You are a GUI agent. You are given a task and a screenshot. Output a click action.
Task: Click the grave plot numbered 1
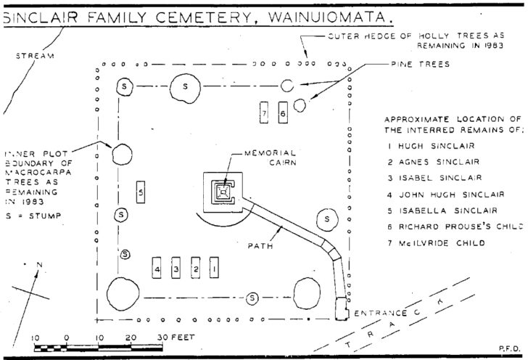[213, 269]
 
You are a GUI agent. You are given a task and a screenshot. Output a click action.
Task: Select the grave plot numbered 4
[157, 269]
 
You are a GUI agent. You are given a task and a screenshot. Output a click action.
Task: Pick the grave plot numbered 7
[265, 114]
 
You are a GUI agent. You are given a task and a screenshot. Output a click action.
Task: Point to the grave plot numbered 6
[283, 114]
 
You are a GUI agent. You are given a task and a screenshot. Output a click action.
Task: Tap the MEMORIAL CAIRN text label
[270, 158]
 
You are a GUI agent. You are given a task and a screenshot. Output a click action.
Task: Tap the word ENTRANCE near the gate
[379, 313]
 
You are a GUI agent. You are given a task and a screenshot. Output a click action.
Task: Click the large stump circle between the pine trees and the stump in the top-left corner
[186, 87]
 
